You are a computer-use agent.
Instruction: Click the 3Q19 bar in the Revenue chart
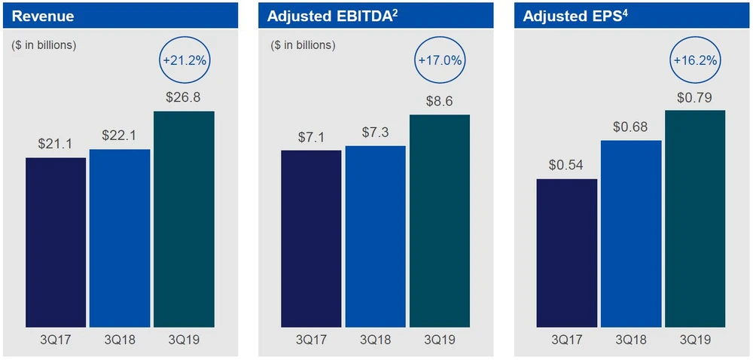184,219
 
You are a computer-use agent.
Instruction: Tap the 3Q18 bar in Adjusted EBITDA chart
376,236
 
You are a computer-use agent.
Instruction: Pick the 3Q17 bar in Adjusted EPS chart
567,253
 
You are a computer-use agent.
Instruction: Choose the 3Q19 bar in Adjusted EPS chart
695,219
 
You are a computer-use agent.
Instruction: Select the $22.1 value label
120,136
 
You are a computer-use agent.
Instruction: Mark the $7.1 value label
311,137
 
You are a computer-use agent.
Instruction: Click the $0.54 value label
567,166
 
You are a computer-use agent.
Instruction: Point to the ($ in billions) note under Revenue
44,45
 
